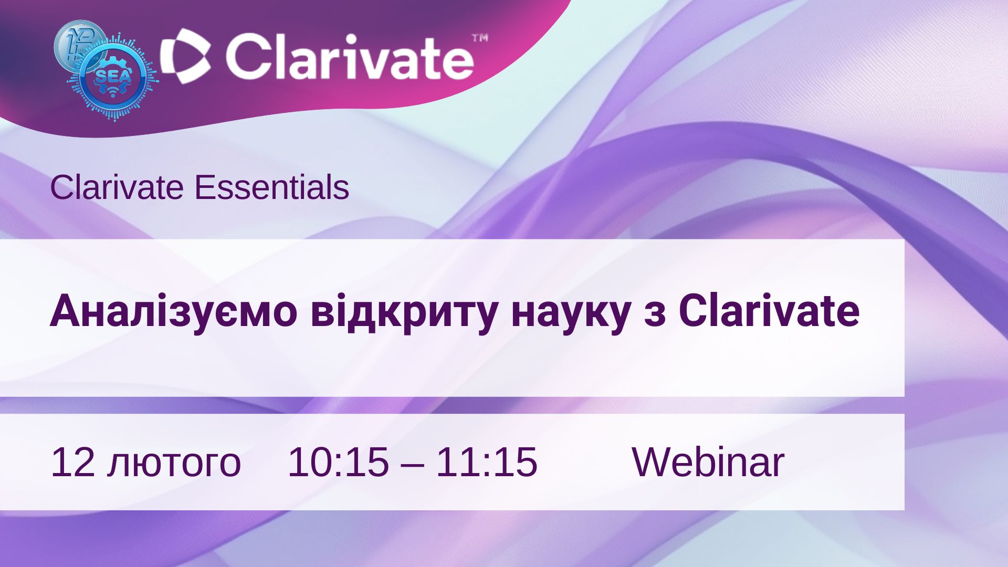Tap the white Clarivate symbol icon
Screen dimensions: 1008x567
[x=185, y=56]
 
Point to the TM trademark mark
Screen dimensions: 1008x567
[x=480, y=38]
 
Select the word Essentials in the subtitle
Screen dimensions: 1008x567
[x=271, y=187]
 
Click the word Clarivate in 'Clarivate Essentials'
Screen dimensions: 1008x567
[x=117, y=187]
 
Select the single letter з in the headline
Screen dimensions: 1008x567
[x=654, y=315]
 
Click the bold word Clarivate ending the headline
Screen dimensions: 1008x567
[x=769, y=311]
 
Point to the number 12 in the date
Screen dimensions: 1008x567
[x=72, y=462]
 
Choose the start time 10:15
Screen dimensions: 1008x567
[x=338, y=462]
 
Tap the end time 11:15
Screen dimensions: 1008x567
[x=487, y=462]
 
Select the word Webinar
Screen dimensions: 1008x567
[x=708, y=461]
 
